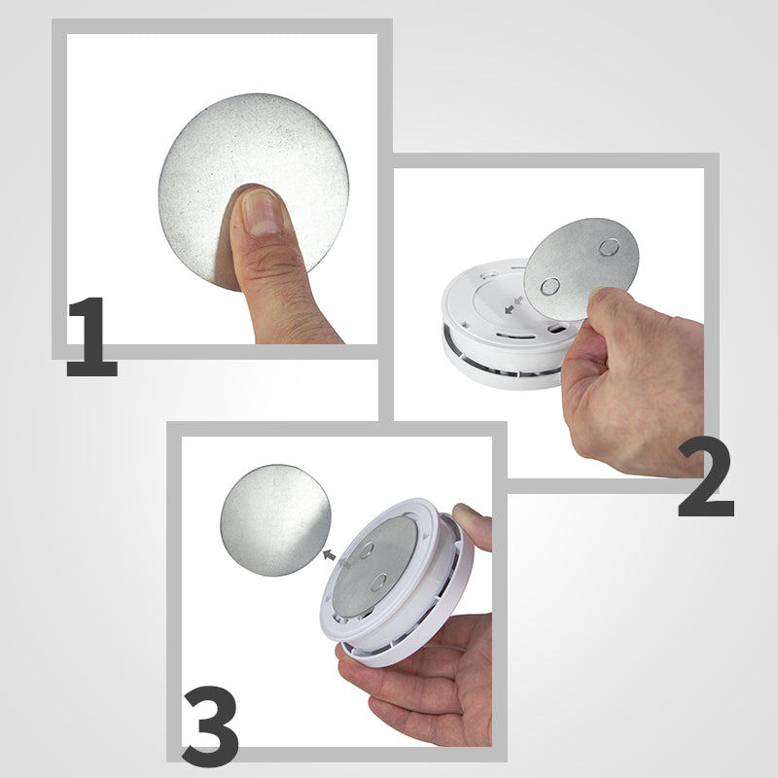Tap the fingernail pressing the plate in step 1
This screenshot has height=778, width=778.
[x=261, y=211]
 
